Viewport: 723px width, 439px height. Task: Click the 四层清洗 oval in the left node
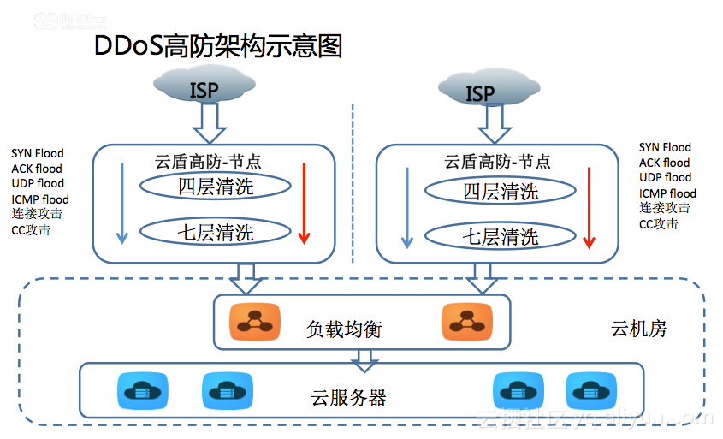click(x=216, y=187)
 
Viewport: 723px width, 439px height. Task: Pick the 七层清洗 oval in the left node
click(x=216, y=231)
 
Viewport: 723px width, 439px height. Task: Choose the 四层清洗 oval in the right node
click(x=501, y=192)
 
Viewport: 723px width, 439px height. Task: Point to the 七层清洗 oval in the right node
click(x=501, y=236)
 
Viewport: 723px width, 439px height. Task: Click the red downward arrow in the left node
click(x=303, y=204)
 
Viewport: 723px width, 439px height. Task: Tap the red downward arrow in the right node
click(x=589, y=208)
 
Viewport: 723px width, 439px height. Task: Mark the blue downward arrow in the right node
click(x=407, y=207)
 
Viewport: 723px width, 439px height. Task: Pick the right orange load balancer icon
click(x=463, y=322)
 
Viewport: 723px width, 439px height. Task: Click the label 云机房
click(x=638, y=328)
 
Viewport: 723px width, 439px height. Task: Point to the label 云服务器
click(x=349, y=397)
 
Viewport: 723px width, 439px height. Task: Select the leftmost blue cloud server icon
click(x=137, y=391)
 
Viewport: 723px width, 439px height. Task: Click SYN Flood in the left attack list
click(x=37, y=153)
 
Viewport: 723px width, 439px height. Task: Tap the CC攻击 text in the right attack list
click(x=658, y=224)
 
